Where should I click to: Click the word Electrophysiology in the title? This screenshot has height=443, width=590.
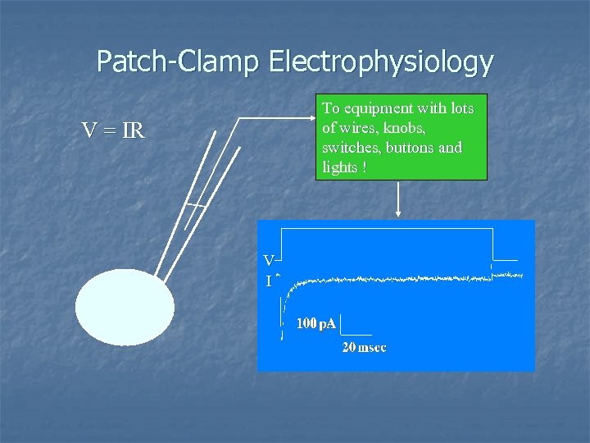380,62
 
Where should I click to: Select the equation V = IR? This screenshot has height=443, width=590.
112,130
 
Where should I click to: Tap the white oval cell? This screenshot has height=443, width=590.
125,308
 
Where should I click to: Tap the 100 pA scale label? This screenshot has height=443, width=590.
315,324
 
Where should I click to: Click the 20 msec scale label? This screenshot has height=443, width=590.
364,348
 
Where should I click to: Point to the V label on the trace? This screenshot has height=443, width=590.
268,261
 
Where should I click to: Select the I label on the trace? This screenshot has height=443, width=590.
268,281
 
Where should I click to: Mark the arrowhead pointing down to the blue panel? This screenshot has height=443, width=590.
398,214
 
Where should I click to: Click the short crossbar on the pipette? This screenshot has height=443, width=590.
195,204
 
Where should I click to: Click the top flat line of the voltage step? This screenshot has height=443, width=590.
385,229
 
